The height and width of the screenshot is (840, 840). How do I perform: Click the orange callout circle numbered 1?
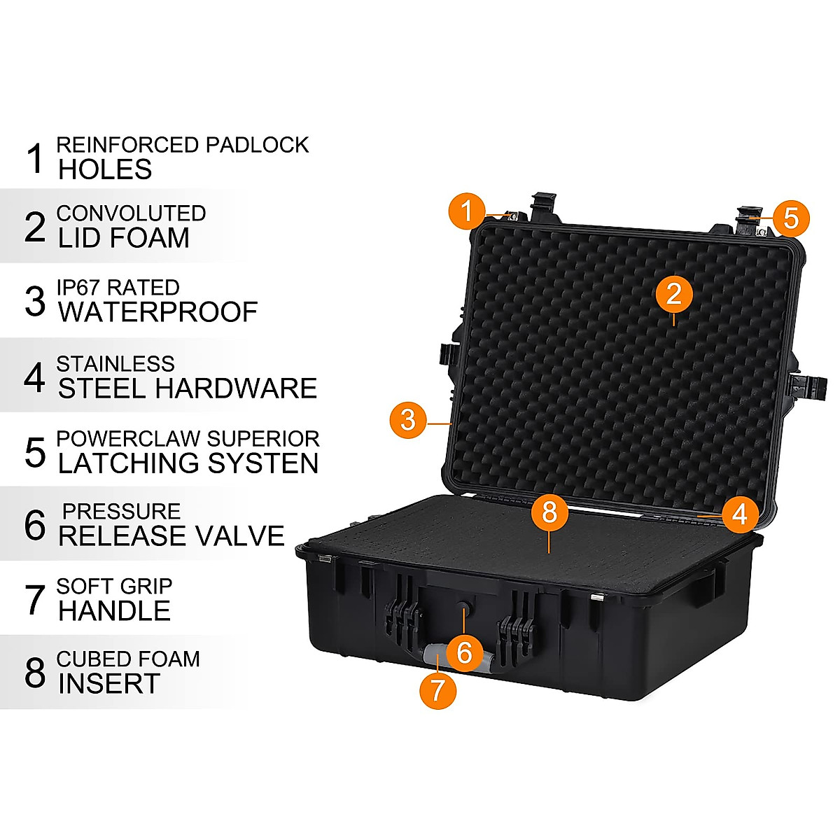468,211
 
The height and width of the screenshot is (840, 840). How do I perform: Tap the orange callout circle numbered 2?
673,293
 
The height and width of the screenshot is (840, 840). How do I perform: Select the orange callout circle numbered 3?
408,420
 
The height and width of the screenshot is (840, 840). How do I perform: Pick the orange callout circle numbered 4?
739,514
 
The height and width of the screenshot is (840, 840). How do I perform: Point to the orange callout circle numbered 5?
790,218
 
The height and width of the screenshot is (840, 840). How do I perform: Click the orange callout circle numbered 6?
465,652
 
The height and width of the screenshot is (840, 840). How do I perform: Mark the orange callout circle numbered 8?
549,512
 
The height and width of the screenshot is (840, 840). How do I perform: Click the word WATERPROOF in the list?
158,312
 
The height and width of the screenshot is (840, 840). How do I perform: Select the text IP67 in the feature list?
79,288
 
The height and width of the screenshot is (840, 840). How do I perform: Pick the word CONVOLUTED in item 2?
131,213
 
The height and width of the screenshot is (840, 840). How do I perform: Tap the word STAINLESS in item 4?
115,364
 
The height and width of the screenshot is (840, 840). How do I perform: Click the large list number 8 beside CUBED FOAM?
35,672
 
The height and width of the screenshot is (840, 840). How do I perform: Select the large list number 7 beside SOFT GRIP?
35,599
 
